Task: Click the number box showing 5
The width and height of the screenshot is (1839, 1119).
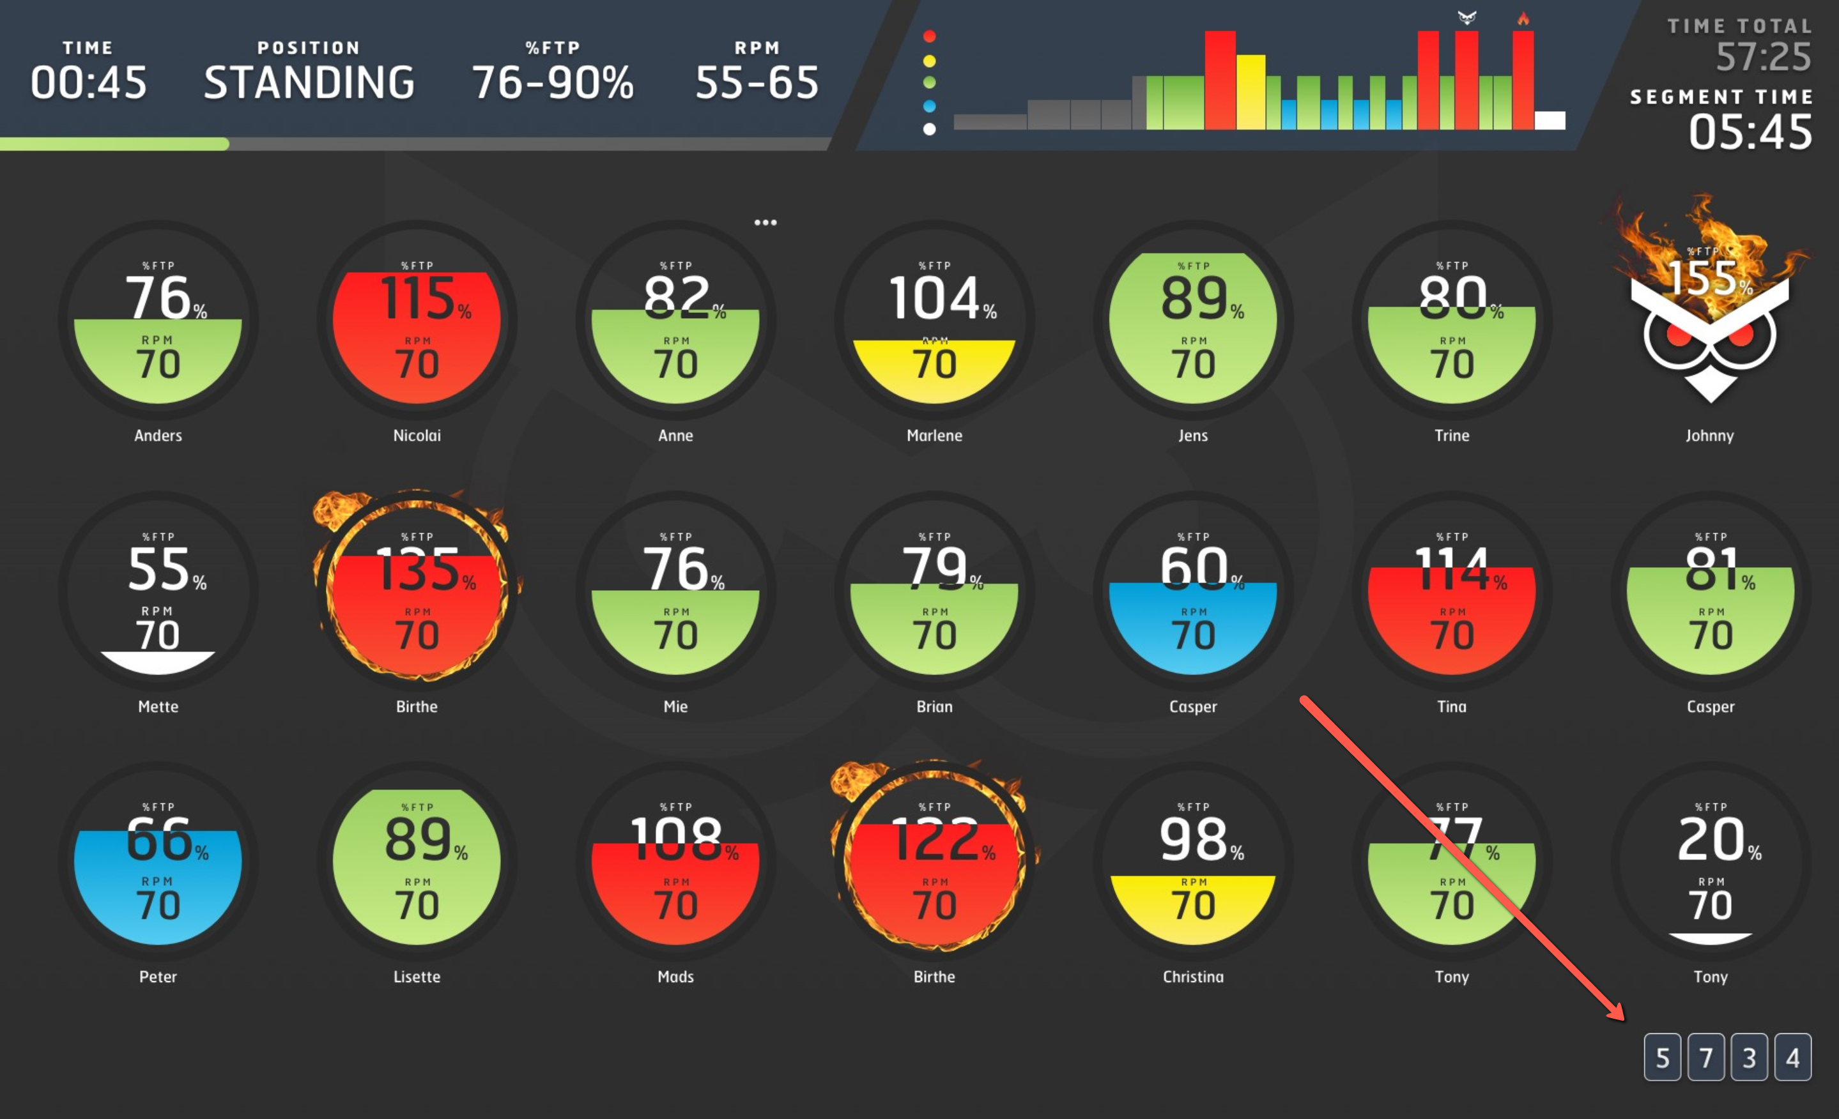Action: [x=1661, y=1057]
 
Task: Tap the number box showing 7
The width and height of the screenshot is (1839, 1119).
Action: [x=1705, y=1057]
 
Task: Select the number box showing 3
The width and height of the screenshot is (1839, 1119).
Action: [x=1749, y=1057]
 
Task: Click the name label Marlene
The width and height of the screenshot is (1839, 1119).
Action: [x=934, y=436]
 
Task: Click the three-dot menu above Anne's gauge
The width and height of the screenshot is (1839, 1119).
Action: [x=765, y=222]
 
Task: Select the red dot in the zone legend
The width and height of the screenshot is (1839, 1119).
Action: [x=929, y=36]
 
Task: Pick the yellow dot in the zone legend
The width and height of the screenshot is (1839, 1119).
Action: [x=929, y=61]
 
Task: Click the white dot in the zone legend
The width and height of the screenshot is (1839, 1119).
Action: [x=929, y=129]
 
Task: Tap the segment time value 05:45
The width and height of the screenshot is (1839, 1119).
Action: [x=1750, y=133]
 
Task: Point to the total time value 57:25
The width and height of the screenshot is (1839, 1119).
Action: [x=1763, y=57]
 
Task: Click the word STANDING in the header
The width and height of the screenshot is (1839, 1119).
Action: [x=309, y=82]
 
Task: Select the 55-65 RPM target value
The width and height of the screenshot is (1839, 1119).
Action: [x=757, y=82]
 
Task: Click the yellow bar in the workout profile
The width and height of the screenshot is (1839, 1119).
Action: [x=1251, y=92]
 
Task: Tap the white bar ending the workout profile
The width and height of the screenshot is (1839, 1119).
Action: [x=1550, y=120]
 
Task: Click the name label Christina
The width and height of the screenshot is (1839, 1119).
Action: [x=1192, y=977]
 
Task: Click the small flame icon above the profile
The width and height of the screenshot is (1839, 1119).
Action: [x=1523, y=19]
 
